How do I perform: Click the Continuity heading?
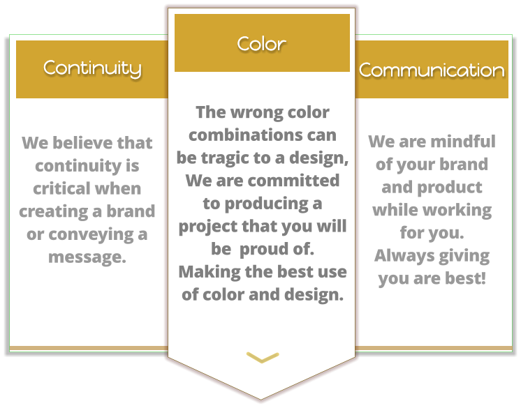92,68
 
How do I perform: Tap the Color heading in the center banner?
262,43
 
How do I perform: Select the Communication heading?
432,70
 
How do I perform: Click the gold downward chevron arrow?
263,358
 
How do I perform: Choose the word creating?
52,211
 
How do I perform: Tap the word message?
86,257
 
